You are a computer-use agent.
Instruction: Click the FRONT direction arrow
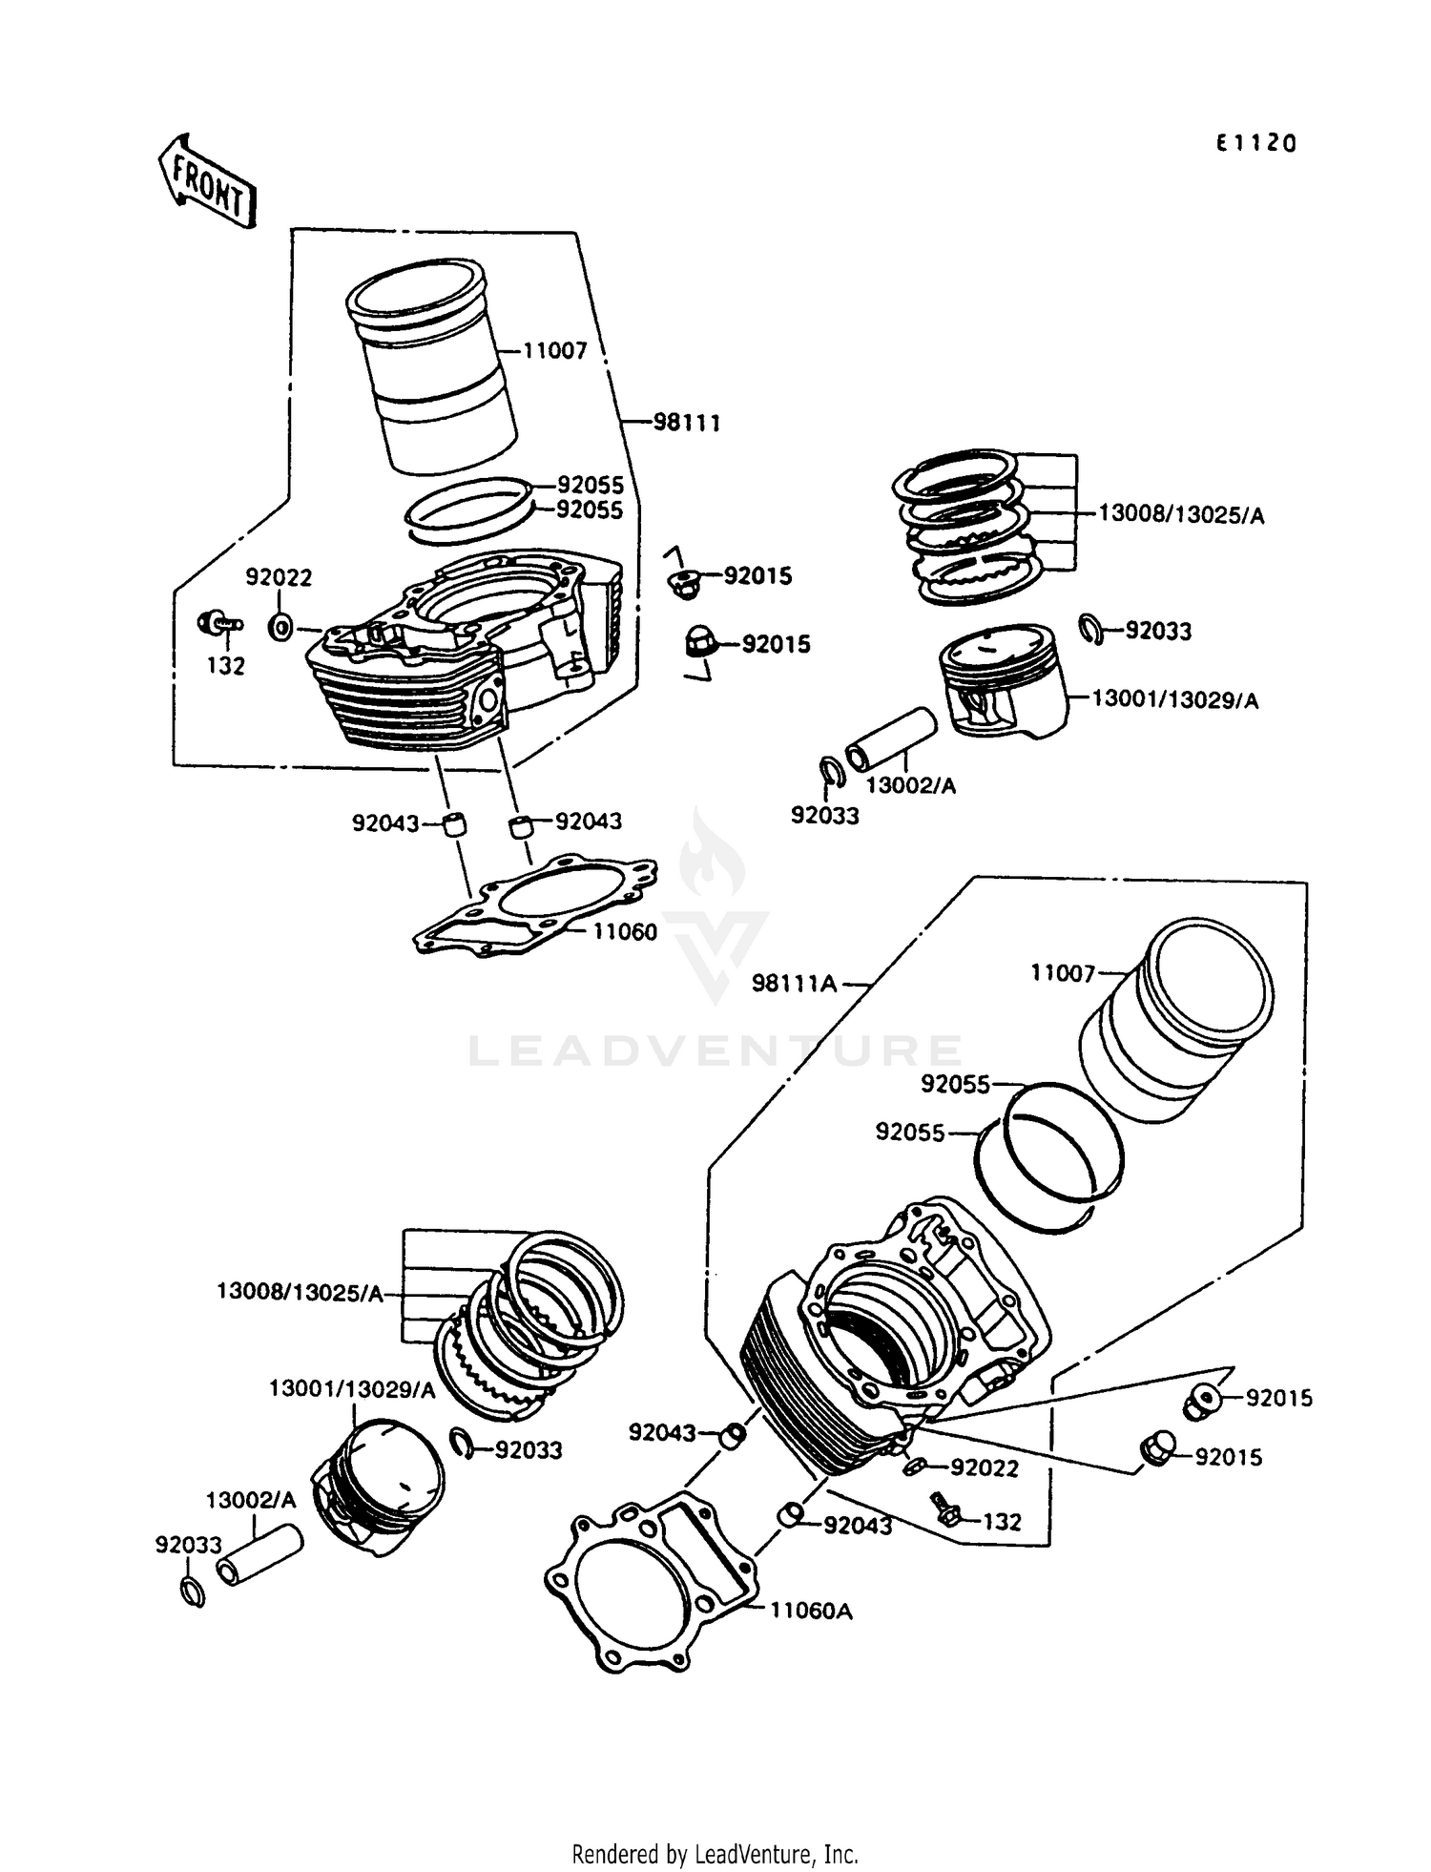point(207,181)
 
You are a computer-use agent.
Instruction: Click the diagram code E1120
point(1255,144)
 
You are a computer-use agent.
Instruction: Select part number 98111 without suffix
point(686,422)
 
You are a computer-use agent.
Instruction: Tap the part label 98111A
point(794,983)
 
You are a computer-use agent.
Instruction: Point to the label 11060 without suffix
point(625,931)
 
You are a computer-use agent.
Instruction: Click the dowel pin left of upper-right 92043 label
point(521,825)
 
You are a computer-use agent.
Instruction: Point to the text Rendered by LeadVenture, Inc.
point(715,1854)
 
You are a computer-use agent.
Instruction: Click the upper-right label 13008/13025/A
point(1181,515)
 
